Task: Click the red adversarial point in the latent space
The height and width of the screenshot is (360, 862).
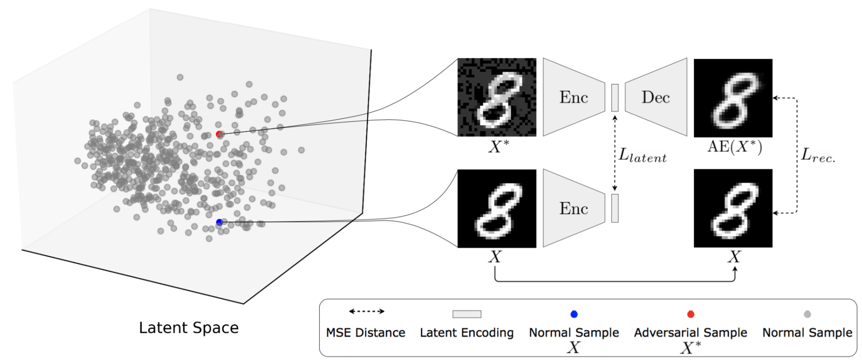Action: (x=219, y=134)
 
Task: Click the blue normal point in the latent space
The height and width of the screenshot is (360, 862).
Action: (x=219, y=222)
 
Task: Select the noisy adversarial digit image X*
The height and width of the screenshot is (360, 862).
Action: (x=497, y=97)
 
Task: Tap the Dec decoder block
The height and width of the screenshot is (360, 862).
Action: (x=656, y=97)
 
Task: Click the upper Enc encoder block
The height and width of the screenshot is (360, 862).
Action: (x=573, y=97)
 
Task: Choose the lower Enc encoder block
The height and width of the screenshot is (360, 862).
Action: (x=573, y=208)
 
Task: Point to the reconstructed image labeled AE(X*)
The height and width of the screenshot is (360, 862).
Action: (x=733, y=98)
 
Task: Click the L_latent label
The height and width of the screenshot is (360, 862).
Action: (x=642, y=155)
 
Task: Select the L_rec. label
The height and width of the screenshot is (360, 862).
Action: (x=818, y=155)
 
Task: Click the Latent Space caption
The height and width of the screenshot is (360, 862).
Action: (x=189, y=328)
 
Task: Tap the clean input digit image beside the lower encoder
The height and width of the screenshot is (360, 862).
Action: (x=497, y=208)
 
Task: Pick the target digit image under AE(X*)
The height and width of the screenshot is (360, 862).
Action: (x=733, y=208)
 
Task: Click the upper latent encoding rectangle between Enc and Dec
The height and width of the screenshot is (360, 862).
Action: (x=615, y=98)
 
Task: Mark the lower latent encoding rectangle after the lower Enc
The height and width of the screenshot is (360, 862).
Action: (x=615, y=208)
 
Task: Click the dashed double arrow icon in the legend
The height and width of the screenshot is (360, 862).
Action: (x=366, y=311)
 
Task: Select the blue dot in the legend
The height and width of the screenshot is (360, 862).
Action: (x=574, y=314)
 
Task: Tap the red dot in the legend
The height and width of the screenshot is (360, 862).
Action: (x=691, y=314)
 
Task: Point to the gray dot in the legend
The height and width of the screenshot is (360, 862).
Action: (x=807, y=314)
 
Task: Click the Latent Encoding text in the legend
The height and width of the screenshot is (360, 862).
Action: (x=467, y=332)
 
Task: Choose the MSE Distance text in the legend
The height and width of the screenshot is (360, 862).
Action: (x=366, y=332)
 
